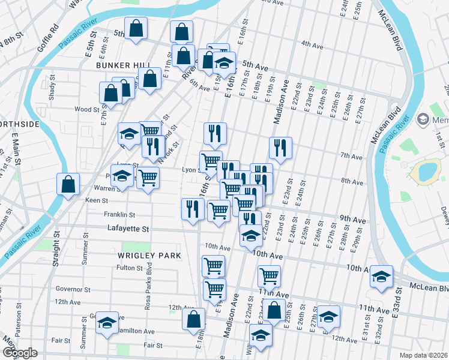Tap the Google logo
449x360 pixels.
[20, 352]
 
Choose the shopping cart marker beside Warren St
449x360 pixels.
[148, 178]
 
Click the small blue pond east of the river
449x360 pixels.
[427, 172]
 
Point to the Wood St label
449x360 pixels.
[86, 109]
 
